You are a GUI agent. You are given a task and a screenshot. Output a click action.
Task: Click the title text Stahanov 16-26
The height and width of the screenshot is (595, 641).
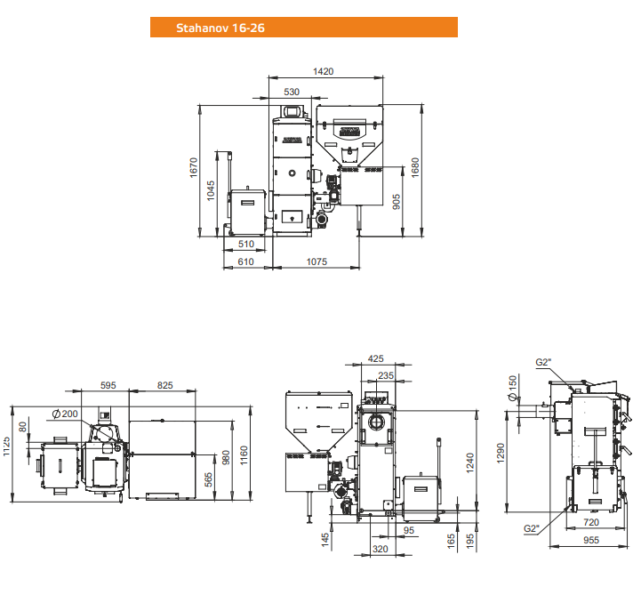tap(220, 28)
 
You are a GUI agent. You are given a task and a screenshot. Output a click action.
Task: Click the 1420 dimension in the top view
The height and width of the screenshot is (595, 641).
tap(323, 71)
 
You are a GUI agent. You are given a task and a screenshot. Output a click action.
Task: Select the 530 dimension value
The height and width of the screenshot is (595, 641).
tap(292, 92)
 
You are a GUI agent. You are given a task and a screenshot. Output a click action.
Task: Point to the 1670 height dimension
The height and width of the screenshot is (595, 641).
tap(193, 168)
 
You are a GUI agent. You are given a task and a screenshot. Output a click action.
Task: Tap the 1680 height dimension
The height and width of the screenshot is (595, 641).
tap(415, 168)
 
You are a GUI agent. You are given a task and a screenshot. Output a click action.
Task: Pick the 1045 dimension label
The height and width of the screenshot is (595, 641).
tap(211, 191)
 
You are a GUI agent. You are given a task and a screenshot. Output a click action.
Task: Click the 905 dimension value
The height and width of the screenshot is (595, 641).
tap(396, 202)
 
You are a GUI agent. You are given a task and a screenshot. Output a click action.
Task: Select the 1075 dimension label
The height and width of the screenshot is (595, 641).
tap(316, 261)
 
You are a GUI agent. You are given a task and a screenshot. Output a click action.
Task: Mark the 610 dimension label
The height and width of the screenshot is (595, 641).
tap(245, 261)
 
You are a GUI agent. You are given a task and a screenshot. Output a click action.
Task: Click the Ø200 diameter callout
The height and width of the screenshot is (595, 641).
tap(66, 414)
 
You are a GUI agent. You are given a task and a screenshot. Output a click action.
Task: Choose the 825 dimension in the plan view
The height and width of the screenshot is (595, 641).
tap(165, 385)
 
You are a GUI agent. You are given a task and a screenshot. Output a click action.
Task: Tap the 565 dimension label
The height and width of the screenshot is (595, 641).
tap(209, 480)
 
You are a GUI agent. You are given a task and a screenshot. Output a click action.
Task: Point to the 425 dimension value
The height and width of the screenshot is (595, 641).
tap(376, 359)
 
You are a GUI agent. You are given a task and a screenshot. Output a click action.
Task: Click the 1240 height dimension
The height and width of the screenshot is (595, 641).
tap(470, 462)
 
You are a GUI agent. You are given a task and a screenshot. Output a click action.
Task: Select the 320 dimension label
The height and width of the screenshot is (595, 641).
tap(381, 550)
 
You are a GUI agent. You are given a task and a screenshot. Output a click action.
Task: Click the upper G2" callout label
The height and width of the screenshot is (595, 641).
tap(543, 362)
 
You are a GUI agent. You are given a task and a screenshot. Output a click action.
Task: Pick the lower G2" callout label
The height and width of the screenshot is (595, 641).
tap(532, 529)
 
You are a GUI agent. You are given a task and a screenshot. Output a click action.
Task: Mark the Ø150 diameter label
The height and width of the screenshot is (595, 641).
tap(513, 388)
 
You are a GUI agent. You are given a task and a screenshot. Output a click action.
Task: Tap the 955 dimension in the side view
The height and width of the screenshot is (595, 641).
tap(591, 540)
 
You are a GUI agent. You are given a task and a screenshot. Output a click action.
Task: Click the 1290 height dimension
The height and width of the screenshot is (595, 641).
tap(501, 453)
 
